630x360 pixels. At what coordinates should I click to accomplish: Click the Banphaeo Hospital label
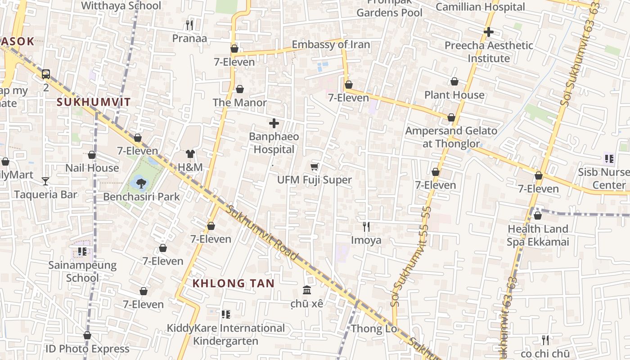pyautogui.click(x=274, y=143)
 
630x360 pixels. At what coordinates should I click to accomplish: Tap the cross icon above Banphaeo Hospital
pyautogui.click(x=274, y=123)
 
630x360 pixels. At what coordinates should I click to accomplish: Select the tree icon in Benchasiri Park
pyautogui.click(x=141, y=183)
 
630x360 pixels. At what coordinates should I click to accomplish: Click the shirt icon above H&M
pyautogui.click(x=190, y=154)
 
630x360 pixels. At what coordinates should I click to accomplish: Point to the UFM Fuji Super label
pyautogui.click(x=314, y=180)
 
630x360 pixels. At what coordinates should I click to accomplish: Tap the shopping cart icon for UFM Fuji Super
pyautogui.click(x=314, y=167)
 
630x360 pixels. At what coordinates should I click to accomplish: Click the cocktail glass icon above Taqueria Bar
pyautogui.click(x=45, y=181)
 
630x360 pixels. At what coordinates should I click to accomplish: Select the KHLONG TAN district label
pyautogui.click(x=233, y=283)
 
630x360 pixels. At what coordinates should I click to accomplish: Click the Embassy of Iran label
pyautogui.click(x=331, y=45)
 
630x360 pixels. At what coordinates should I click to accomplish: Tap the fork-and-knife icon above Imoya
pyautogui.click(x=366, y=227)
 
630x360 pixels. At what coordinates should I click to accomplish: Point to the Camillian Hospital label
pyautogui.click(x=480, y=7)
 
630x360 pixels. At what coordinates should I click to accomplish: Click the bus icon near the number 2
pyautogui.click(x=45, y=74)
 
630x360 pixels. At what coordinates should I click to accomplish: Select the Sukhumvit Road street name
pyautogui.click(x=262, y=233)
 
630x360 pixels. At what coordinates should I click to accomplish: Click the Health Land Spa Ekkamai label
pyautogui.click(x=538, y=235)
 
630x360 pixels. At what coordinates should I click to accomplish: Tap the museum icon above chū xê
pyautogui.click(x=307, y=290)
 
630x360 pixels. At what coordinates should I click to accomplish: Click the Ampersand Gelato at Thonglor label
pyautogui.click(x=451, y=137)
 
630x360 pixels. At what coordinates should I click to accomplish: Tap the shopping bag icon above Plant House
pyautogui.click(x=454, y=82)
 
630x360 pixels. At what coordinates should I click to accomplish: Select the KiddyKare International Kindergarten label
pyautogui.click(x=225, y=334)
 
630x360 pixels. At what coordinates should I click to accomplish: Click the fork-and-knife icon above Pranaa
pyautogui.click(x=189, y=25)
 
